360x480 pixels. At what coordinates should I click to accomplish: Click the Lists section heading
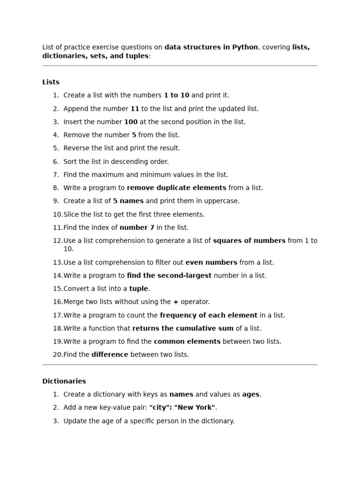click(x=51, y=82)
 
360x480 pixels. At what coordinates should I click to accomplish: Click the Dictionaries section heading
click(x=64, y=381)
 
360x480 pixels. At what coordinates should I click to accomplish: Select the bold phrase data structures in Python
click(x=211, y=47)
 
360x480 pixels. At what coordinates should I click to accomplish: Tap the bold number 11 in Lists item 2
click(x=135, y=109)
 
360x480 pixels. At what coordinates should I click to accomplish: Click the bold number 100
click(x=131, y=122)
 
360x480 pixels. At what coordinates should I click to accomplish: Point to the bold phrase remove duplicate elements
click(x=176, y=188)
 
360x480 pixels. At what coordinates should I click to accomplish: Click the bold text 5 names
click(x=128, y=201)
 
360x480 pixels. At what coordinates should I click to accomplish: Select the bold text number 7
click(x=137, y=228)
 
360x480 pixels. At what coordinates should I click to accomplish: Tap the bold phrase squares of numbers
click(x=249, y=241)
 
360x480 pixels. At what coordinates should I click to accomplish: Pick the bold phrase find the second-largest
click(x=169, y=276)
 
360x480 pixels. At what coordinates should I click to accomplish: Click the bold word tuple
click(x=139, y=289)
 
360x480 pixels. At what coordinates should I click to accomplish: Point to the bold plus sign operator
click(x=176, y=302)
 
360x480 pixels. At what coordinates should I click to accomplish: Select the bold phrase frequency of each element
click(x=209, y=315)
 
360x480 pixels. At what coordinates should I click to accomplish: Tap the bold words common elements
click(x=187, y=342)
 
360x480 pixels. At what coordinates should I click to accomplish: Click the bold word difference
click(x=110, y=355)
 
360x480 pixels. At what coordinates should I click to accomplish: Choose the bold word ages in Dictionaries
click(x=250, y=395)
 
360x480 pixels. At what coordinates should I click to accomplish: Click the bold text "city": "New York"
click(x=182, y=408)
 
